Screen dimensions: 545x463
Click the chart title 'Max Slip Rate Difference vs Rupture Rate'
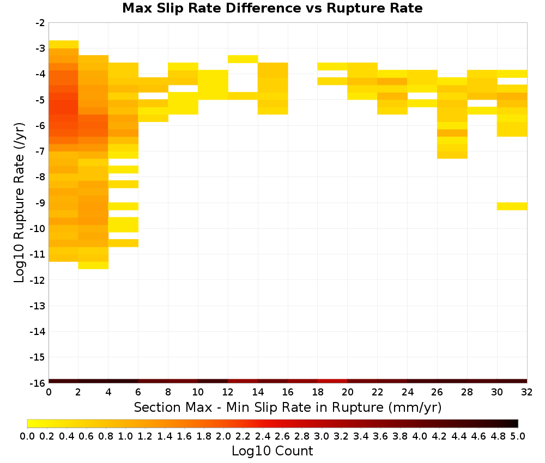[272, 8]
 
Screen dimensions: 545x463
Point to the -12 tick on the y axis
[38, 281]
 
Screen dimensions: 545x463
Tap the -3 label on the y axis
[40, 48]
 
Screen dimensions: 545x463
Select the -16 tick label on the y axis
[38, 383]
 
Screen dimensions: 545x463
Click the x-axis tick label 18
[318, 392]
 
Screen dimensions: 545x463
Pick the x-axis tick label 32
[527, 392]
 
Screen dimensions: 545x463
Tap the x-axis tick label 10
[198, 392]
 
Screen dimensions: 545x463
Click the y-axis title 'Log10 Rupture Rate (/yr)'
[19, 203]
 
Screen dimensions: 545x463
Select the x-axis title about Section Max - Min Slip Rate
[288, 407]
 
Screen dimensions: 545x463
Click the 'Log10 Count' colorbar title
[272, 451]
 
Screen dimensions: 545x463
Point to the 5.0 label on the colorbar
[518, 436]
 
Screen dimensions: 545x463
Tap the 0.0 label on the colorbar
[27, 436]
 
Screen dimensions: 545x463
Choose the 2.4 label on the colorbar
[263, 436]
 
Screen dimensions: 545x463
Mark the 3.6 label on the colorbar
[380, 436]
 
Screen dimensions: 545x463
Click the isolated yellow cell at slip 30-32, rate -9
[512, 206]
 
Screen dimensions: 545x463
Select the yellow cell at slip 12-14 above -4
[243, 59]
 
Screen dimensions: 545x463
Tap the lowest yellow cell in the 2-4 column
[93, 265]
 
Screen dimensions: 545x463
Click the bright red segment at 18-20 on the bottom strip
[332, 381]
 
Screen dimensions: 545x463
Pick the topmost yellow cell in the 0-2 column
[63, 45]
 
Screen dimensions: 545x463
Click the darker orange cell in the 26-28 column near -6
[452, 133]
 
